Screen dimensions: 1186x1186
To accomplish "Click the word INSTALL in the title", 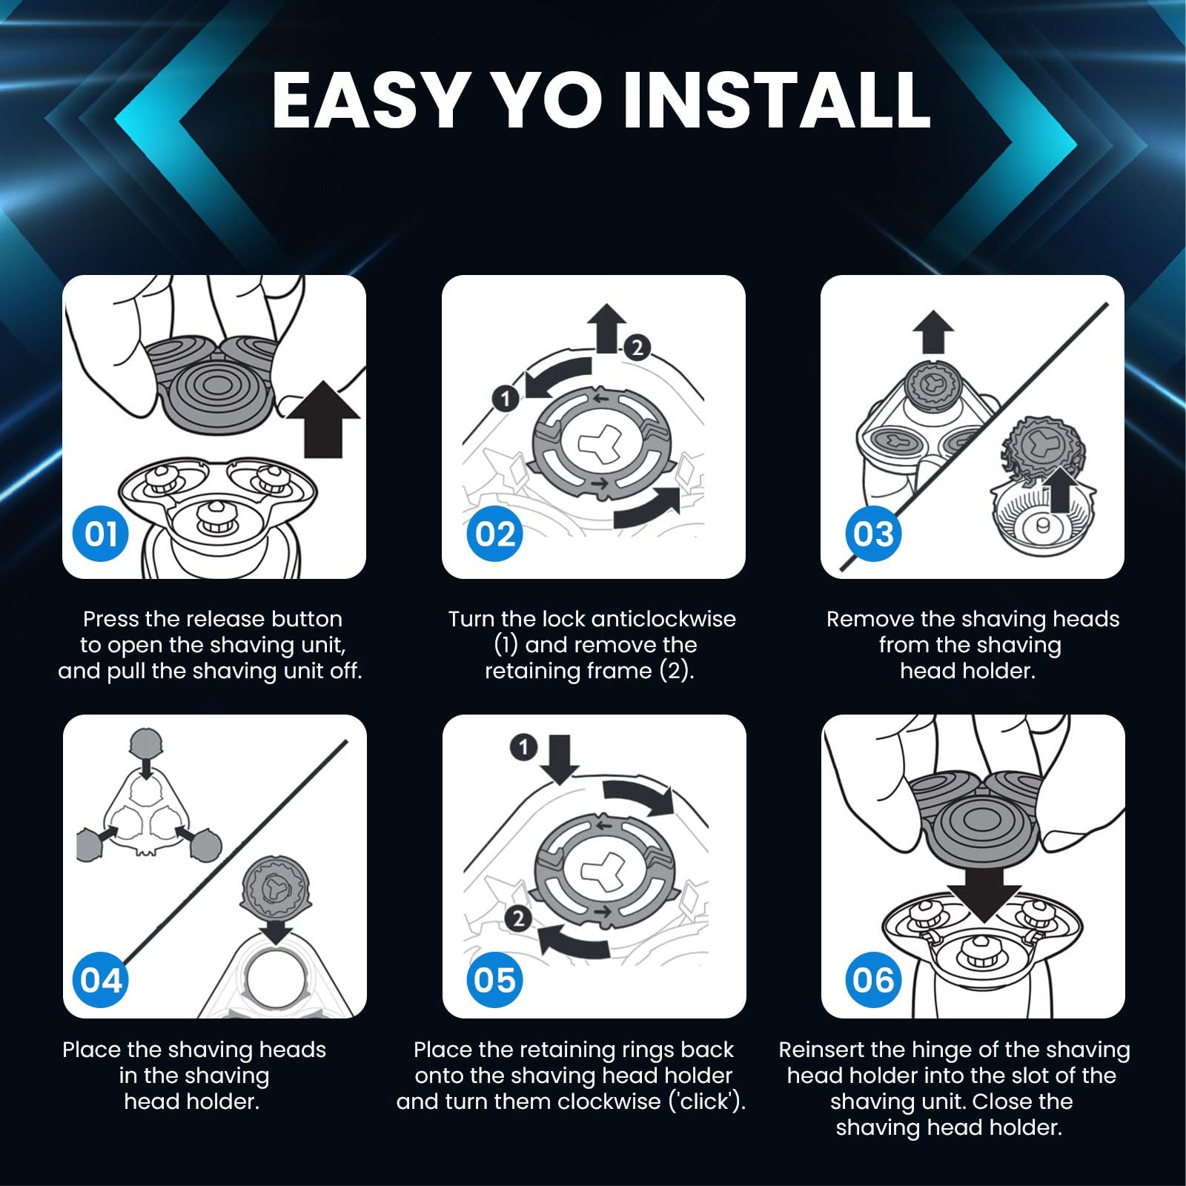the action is coord(776,100).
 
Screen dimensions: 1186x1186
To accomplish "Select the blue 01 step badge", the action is coord(102,534).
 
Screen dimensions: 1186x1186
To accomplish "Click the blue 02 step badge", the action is coord(495,534).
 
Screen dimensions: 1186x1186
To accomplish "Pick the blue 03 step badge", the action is coord(874,534).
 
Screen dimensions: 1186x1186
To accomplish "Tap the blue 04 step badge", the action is coord(102,980).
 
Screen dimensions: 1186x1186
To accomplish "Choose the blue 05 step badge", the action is coord(495,980).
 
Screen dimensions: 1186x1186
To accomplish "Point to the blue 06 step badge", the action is coord(874,980).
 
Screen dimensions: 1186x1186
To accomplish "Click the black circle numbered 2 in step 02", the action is coord(637,347).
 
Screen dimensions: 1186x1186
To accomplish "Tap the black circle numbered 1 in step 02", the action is coord(506,399).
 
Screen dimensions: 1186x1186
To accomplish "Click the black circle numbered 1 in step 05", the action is coord(524,747).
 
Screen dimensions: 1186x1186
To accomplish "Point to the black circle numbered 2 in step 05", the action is coord(518,919).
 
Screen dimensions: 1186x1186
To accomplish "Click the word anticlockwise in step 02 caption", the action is coord(659,619).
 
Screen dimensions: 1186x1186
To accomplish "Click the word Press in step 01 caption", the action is coord(110,619).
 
